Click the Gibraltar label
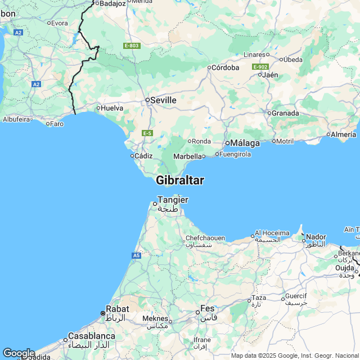180,181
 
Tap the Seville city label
163,100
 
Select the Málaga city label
246,143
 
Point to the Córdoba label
226,67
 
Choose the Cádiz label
144,156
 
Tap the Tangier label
173,200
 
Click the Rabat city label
118,309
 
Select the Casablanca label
92,336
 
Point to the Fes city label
209,309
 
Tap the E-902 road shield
260,67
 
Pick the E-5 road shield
147,133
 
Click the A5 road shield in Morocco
137,255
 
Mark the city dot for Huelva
98,108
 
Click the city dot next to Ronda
190,141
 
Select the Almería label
344,134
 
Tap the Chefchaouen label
206,238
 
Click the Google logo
19,353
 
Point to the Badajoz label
112,3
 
